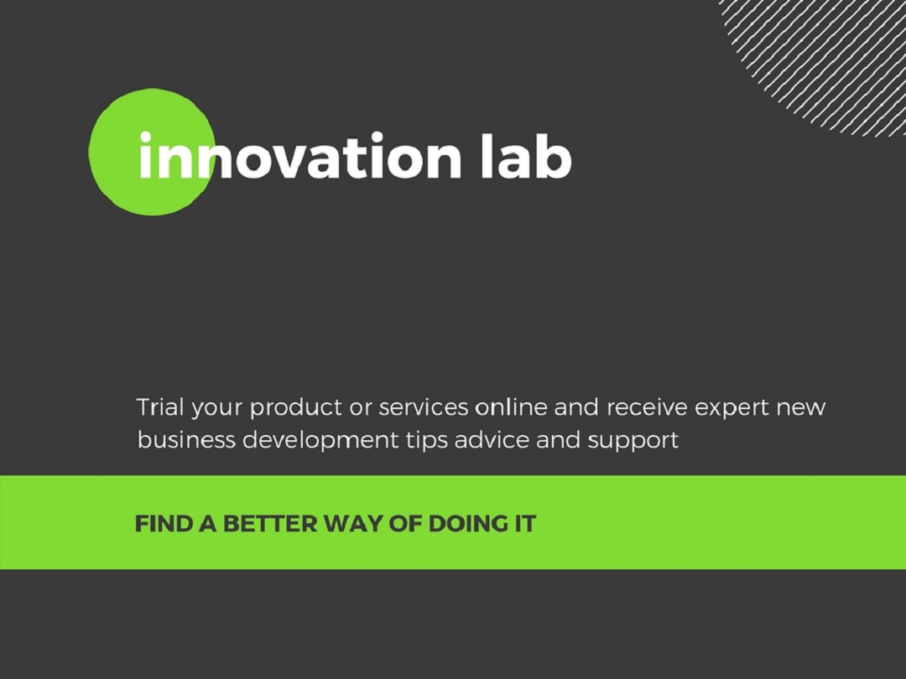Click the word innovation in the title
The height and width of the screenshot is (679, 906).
click(x=300, y=155)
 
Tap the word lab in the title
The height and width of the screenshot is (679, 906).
click(x=526, y=155)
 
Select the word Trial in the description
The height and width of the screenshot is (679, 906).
click(x=160, y=407)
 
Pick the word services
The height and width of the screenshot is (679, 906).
click(x=424, y=407)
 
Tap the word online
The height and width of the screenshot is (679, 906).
click(x=511, y=407)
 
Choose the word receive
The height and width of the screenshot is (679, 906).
click(x=647, y=407)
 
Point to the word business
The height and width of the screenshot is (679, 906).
click(x=186, y=440)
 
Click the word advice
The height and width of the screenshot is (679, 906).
click(x=492, y=440)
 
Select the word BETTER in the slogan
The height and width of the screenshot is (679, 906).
click(x=270, y=524)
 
